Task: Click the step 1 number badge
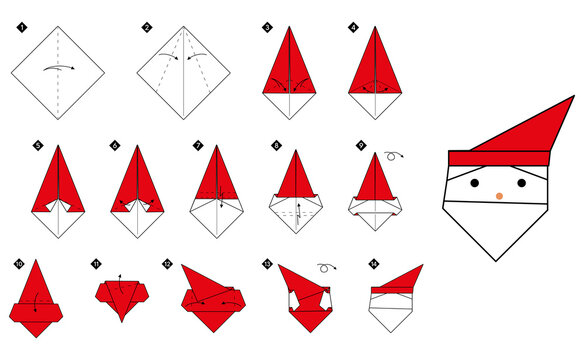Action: tap(21, 28)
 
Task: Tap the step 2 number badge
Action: tap(146, 28)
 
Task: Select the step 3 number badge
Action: tap(267, 28)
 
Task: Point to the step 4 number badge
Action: tap(353, 28)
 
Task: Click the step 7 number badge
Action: tap(198, 145)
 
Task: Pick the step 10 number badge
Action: tap(18, 264)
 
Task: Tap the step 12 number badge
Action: tap(167, 264)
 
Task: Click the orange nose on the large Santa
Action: tap(500, 195)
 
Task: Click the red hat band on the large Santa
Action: tap(498, 158)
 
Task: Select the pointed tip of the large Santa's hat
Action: tap(573, 97)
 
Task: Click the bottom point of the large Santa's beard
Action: tap(495, 259)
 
